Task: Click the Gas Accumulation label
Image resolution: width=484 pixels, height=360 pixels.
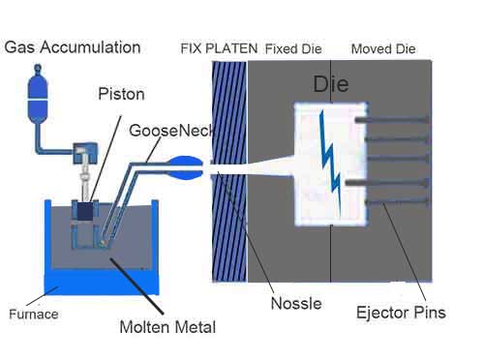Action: pyautogui.click(x=73, y=47)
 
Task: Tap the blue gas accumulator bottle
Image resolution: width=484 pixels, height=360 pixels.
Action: pyautogui.click(x=38, y=95)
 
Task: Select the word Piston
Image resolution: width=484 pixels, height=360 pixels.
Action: pyautogui.click(x=121, y=94)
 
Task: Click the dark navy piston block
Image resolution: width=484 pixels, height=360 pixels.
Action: pyautogui.click(x=85, y=212)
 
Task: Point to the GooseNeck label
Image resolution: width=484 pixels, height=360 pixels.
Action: pyautogui.click(x=171, y=131)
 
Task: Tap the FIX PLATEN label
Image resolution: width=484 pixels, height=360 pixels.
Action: pyautogui.click(x=219, y=48)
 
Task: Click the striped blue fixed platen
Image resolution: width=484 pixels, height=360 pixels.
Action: pyautogui.click(x=229, y=172)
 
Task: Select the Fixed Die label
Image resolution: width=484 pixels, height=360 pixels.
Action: pyautogui.click(x=293, y=49)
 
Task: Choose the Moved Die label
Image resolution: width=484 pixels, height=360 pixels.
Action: pyautogui.click(x=383, y=49)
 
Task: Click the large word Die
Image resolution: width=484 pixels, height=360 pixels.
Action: pyautogui.click(x=331, y=84)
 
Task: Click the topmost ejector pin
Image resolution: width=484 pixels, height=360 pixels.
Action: pyautogui.click(x=392, y=120)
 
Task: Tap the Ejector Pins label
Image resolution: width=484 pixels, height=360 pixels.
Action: pyautogui.click(x=401, y=313)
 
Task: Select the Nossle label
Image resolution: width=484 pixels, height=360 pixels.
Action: pyautogui.click(x=296, y=304)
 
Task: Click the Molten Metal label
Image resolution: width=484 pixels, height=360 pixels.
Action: pyautogui.click(x=167, y=327)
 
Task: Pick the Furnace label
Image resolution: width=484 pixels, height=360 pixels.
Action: pyautogui.click(x=34, y=314)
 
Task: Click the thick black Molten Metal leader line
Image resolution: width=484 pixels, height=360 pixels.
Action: pyautogui.click(x=136, y=286)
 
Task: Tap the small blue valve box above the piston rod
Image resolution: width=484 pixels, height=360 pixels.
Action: pyautogui.click(x=85, y=153)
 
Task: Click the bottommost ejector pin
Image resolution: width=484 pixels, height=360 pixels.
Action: pyautogui.click(x=397, y=202)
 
